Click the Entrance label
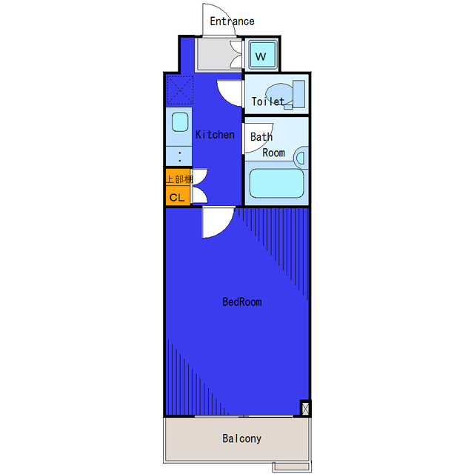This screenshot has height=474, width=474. point(232,21)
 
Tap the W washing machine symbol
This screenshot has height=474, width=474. point(261,55)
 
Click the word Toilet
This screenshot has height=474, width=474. point(267,101)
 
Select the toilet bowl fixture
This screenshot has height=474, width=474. point(285,95)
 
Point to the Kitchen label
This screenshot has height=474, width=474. point(215,135)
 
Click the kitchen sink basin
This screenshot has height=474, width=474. point(180,122)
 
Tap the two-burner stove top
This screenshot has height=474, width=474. point(179,156)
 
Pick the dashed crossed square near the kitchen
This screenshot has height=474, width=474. point(180,90)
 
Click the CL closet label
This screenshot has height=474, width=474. point(177,198)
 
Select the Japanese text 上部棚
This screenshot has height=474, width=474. point(179,179)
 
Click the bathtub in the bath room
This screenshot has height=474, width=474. point(276,183)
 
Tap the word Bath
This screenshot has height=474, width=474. point(261,137)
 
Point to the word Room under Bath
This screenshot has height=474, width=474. point(273,153)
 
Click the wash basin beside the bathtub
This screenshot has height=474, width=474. point(301,158)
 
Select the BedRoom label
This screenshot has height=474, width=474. point(242,301)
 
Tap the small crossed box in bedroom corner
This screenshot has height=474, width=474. point(305,408)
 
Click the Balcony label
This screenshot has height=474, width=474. point(242,438)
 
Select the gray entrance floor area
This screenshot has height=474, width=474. point(214,54)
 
